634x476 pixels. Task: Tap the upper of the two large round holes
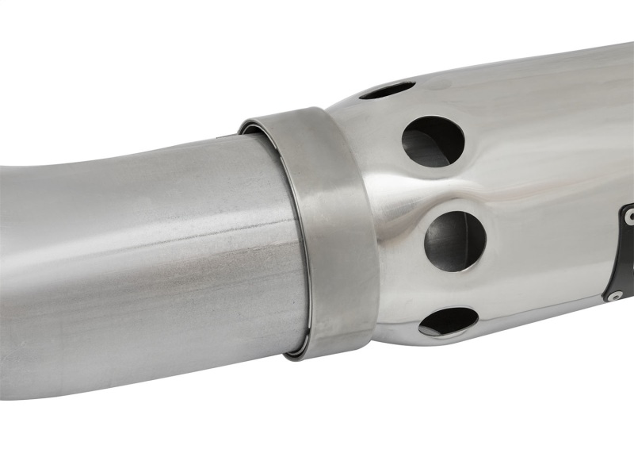coord(433,141)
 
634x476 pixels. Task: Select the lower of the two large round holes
coord(455,240)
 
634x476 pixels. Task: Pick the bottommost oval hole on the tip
coord(448,321)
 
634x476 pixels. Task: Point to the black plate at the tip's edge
coord(628,254)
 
